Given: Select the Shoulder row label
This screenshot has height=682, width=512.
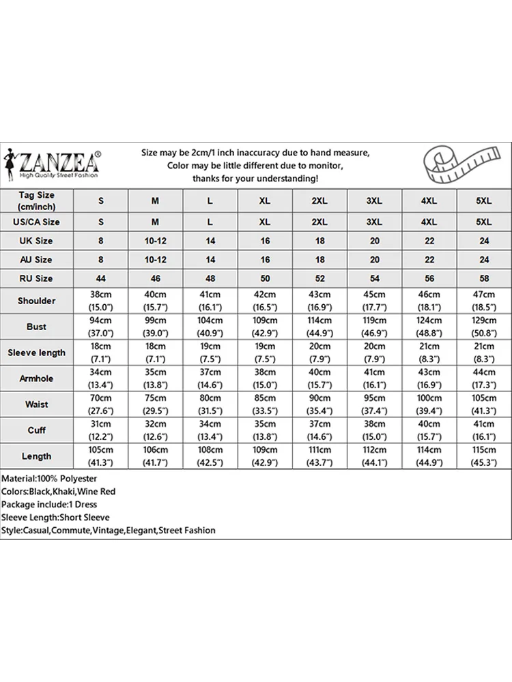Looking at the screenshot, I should click(37, 301).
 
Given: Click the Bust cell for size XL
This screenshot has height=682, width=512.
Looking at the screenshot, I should click(265, 327).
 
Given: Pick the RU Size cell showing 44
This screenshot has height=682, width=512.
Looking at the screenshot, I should click(101, 278).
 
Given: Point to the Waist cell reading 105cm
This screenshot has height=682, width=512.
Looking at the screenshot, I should click(483, 404).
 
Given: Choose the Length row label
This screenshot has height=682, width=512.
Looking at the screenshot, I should click(37, 456).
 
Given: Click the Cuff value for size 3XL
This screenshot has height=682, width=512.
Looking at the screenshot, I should click(374, 430).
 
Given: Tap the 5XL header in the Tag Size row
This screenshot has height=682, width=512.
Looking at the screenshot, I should click(483, 201).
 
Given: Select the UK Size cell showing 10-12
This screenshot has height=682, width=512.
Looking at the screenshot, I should click(156, 241).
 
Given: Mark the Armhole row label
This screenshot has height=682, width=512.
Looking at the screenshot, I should click(37, 379).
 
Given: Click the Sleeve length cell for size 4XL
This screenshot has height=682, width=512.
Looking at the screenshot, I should click(429, 353).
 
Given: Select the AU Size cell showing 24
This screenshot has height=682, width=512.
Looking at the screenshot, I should click(483, 260).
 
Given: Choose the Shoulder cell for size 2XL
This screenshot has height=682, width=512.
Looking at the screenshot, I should click(319, 301).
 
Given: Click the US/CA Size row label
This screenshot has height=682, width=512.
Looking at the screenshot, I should click(37, 222).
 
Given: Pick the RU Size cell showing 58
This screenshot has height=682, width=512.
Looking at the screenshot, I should click(483, 278).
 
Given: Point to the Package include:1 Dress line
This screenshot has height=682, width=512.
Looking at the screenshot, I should click(49, 505).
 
